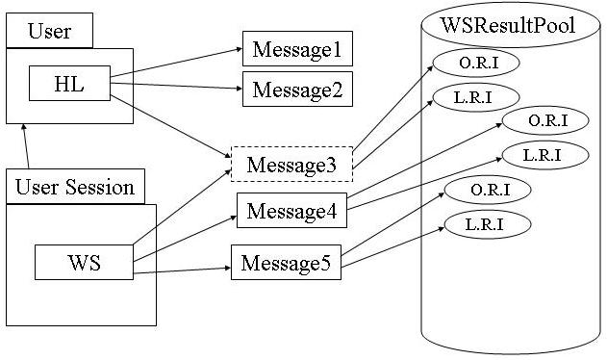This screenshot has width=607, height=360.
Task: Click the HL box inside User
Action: tap(70, 85)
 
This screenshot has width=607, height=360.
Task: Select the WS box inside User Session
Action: tap(83, 261)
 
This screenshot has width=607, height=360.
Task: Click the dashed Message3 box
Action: tap(291, 164)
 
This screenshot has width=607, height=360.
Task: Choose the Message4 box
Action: tap(291, 211)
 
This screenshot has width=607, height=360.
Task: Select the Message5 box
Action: tap(286, 263)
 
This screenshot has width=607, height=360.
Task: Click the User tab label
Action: tap(49, 32)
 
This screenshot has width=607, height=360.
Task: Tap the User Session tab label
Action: tap(75, 187)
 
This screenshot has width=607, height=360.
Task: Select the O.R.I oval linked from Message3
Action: tap(476, 64)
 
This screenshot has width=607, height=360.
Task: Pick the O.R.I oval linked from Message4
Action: tap(547, 120)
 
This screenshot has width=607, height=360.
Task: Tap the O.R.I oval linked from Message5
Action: tap(488, 191)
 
